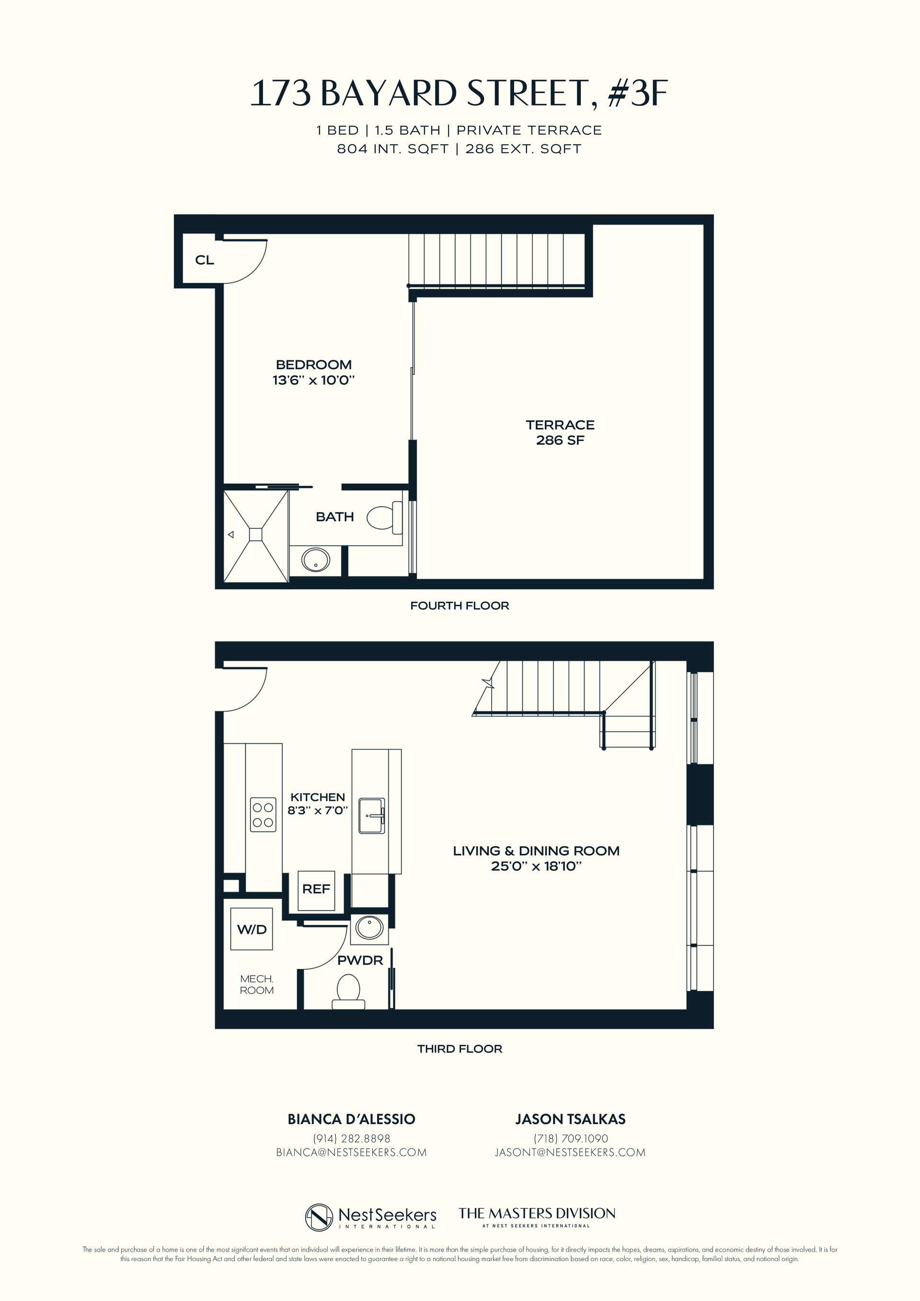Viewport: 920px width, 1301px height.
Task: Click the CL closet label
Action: (205, 260)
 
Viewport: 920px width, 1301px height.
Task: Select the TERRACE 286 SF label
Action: (560, 432)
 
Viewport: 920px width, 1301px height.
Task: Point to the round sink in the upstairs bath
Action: (316, 560)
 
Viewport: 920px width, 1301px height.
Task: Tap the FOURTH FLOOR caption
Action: (460, 606)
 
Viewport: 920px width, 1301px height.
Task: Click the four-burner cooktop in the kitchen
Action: (263, 815)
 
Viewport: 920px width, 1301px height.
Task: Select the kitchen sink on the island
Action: (372, 816)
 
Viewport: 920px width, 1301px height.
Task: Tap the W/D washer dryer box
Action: (252, 929)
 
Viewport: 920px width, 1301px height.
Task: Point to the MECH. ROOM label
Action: (257, 985)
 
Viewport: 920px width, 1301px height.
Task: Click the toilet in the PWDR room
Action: (348, 990)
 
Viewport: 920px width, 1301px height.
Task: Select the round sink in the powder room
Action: (369, 928)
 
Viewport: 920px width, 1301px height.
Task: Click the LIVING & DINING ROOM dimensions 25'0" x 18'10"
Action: (536, 866)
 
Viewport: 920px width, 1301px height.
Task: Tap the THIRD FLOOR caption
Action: (460, 1049)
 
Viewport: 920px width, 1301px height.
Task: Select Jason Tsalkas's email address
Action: (570, 1152)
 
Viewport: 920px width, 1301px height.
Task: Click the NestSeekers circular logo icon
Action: (319, 1217)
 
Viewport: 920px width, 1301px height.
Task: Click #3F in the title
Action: (638, 93)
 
